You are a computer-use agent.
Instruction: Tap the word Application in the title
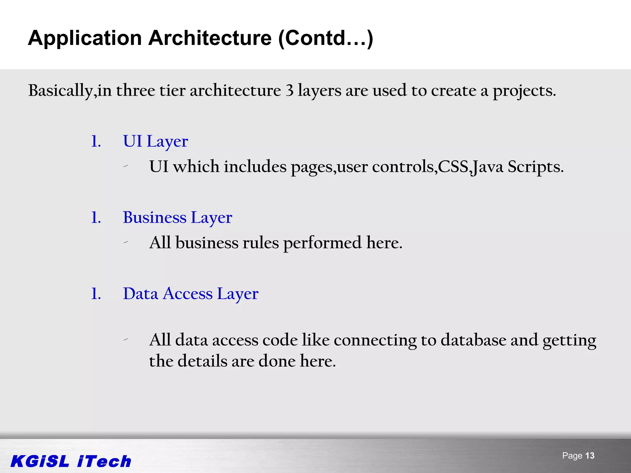tap(85, 38)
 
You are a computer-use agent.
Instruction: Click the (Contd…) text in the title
tap(325, 38)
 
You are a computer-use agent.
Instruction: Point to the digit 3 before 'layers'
tap(289, 91)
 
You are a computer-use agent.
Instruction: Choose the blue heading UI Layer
tap(155, 142)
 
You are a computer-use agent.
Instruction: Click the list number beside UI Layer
tap(96, 142)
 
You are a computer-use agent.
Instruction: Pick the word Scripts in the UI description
tap(535, 167)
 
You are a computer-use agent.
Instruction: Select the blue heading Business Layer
tap(177, 218)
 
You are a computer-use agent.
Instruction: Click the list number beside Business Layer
tap(96, 218)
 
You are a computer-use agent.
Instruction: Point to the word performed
tap(322, 243)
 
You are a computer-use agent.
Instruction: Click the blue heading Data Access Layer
tap(190, 294)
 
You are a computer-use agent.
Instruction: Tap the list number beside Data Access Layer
tap(96, 294)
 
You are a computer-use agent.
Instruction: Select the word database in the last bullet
tap(473, 340)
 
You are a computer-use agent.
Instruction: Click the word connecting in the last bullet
tap(375, 341)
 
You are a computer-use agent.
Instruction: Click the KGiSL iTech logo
tap(71, 461)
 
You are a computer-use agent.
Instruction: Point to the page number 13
tap(590, 456)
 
